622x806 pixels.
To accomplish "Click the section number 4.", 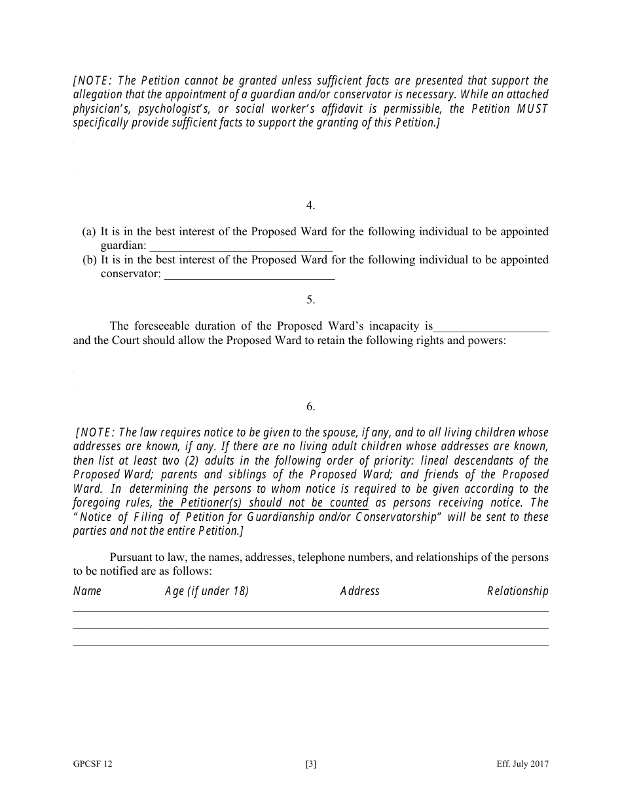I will (310, 206).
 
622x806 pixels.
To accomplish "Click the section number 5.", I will (310, 300).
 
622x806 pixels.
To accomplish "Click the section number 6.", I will (310, 407).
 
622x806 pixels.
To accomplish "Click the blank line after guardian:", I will (241, 247).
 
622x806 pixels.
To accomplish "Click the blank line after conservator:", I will (249, 275).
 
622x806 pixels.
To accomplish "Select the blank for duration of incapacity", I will (491, 327).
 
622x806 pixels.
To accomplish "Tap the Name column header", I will (87, 591).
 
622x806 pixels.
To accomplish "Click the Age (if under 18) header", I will (206, 591).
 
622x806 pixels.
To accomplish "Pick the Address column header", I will (359, 591).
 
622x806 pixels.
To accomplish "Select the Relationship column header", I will (517, 591).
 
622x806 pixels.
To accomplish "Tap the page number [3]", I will (310, 764).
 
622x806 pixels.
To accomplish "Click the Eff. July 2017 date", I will (522, 764).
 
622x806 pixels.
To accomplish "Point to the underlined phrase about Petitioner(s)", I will (263, 503).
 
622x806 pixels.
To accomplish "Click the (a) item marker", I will (89, 232).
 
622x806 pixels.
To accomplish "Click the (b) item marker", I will (89, 260).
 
